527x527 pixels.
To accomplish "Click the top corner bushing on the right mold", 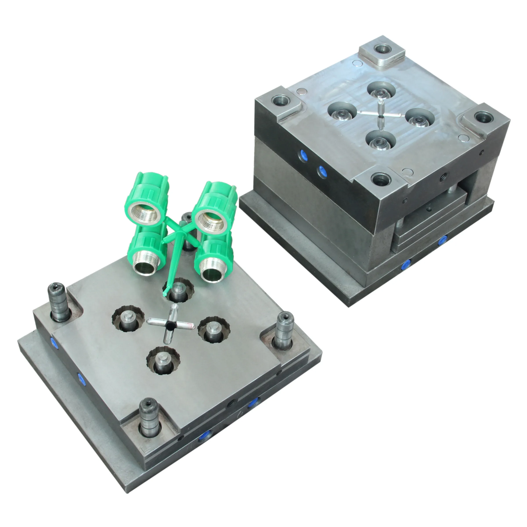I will tap(381, 50).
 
